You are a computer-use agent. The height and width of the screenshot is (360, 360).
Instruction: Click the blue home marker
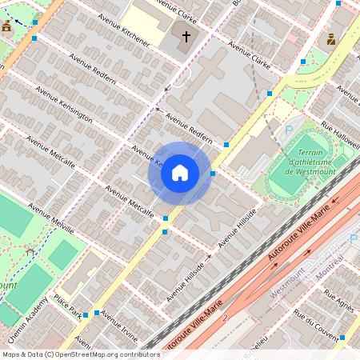pos(180,173)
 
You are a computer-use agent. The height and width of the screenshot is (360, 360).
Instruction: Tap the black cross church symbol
pos(186,36)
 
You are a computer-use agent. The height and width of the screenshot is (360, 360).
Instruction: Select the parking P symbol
pos(289,130)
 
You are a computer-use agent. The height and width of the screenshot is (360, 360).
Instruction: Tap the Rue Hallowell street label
pos(340,132)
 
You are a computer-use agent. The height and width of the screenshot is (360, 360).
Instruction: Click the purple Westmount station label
pos(289,287)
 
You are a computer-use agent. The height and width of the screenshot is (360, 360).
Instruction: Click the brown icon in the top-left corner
pos(7,26)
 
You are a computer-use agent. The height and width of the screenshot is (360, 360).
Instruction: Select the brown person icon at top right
pos(330,38)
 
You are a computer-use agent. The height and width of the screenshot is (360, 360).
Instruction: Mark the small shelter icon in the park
pos(30,251)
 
